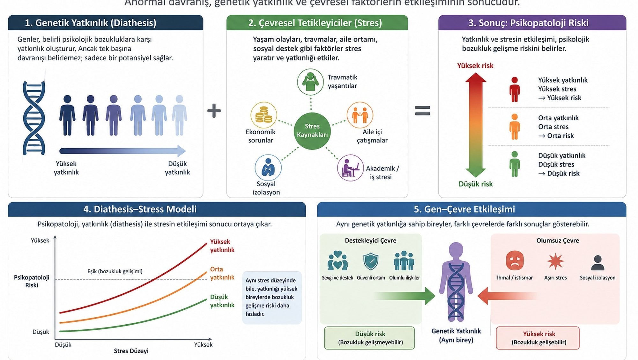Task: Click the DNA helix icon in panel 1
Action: point(34,118)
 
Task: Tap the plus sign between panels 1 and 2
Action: point(214,111)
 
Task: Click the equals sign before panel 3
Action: point(422,111)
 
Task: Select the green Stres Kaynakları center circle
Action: point(312,131)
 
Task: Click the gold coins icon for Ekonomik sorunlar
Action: point(263,115)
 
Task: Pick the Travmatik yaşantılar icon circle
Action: point(310,82)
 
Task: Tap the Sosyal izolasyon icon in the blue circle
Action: point(268,167)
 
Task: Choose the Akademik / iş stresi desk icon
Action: point(350,168)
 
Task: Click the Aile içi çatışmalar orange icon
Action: point(360,115)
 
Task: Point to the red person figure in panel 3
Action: point(514,89)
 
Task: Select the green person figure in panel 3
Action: point(514,164)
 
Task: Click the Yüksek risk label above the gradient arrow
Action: point(475,66)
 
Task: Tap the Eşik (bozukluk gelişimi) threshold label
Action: point(115,271)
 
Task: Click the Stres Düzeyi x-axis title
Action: point(131,351)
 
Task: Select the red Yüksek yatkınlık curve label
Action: point(222,246)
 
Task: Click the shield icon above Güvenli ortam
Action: point(371,261)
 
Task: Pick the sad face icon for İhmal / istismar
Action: point(515,261)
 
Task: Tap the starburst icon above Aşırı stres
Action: point(555,261)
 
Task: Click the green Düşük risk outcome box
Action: point(370,338)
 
